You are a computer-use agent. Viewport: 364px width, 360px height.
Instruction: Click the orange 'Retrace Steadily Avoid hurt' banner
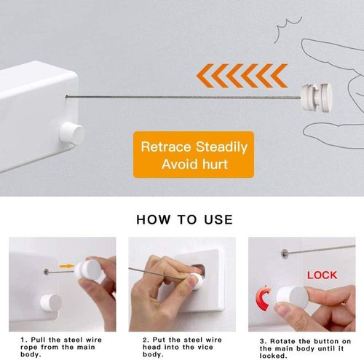click(x=194, y=155)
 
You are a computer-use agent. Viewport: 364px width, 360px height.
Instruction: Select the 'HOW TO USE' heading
click(x=184, y=219)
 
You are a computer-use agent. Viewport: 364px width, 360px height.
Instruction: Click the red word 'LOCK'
click(x=322, y=275)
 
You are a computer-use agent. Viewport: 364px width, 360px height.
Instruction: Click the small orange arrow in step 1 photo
click(x=66, y=266)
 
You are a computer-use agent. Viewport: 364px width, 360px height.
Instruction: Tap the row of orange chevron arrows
click(x=240, y=74)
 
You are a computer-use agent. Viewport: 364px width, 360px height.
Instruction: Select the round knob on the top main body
click(x=71, y=133)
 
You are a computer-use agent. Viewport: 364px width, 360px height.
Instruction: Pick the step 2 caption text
click(x=180, y=347)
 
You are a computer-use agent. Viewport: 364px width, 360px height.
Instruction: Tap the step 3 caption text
click(x=304, y=347)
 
